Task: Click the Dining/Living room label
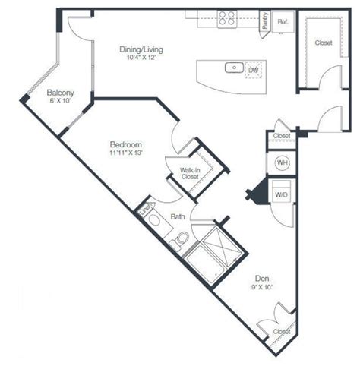[x=141, y=50]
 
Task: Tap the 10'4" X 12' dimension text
[x=141, y=58]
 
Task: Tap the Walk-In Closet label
[x=191, y=172]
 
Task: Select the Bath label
[x=178, y=216]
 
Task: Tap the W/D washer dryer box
[x=280, y=194]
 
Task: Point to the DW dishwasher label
[x=253, y=70]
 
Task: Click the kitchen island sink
[x=232, y=68]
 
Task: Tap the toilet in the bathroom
[x=181, y=240]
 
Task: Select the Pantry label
[x=264, y=21]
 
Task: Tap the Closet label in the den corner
[x=280, y=331]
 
